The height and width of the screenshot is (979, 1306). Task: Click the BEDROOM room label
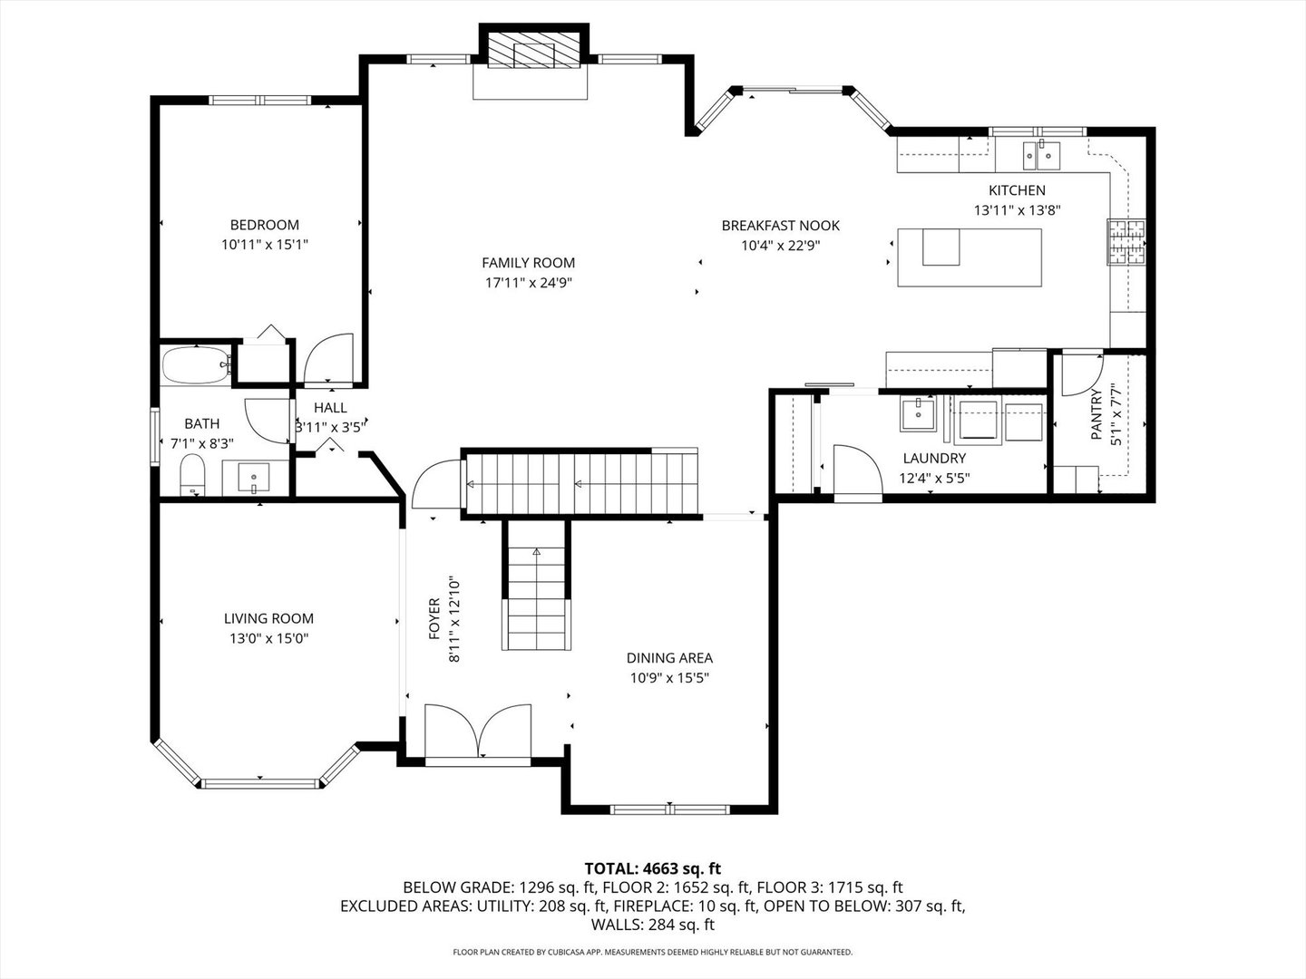pos(265,225)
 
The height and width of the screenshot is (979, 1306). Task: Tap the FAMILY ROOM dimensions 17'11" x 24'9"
pos(529,283)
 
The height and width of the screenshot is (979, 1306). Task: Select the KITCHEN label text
pos(1017,190)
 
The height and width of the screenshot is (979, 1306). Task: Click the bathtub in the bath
pos(196,365)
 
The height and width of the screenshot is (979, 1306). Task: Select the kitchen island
pos(970,257)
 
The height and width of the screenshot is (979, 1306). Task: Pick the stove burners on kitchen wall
pos(1126,241)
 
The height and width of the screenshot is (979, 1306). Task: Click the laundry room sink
pos(918,413)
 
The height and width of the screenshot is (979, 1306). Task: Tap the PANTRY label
pos(1096,414)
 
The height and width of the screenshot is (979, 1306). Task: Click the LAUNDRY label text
pos(934,459)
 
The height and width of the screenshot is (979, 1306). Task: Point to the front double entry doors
pos(478,732)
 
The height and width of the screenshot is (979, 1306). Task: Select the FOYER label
pos(434,619)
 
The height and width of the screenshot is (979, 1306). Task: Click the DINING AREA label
pos(669,658)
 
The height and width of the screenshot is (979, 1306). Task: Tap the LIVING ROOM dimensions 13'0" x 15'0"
pos(269,638)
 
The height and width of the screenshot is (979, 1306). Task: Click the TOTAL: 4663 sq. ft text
pos(653,869)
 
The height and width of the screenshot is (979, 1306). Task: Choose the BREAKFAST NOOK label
pos(781,226)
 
